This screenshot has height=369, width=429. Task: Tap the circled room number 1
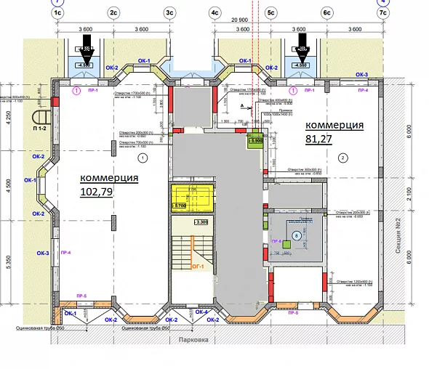(143, 156)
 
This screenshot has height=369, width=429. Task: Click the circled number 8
(297, 235)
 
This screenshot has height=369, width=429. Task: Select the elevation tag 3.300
(201, 222)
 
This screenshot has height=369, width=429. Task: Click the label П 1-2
(39, 128)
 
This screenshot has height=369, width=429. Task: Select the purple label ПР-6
(276, 240)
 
